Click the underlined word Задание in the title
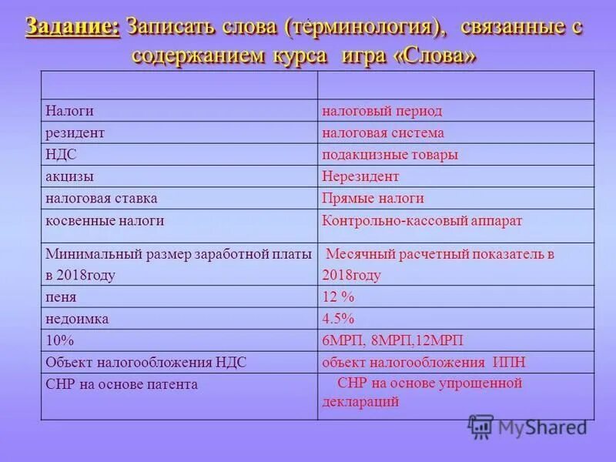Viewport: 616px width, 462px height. (x=73, y=27)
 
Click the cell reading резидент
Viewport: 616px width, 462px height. (x=75, y=132)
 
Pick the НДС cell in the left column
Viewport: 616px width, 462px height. (x=61, y=155)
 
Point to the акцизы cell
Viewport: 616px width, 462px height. (x=69, y=176)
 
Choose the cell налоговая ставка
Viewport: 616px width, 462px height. (x=101, y=198)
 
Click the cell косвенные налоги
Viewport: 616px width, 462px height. (x=105, y=220)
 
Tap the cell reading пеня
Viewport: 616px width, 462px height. (x=61, y=296)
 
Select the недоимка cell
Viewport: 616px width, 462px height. (x=77, y=318)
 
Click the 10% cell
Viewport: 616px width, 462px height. (x=59, y=340)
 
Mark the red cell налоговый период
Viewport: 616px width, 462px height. (x=382, y=111)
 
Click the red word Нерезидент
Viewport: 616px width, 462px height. (x=360, y=176)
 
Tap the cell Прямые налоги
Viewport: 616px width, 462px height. (x=373, y=198)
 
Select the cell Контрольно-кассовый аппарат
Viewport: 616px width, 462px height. (x=422, y=220)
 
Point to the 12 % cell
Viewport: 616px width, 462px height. (x=338, y=296)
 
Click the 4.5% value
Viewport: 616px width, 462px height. (x=338, y=318)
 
